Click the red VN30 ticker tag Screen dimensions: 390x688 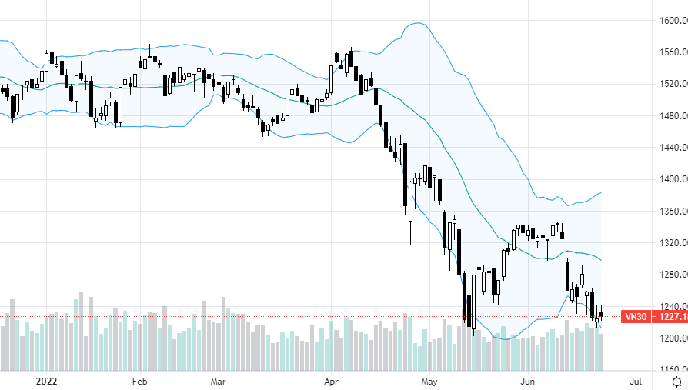click(635, 316)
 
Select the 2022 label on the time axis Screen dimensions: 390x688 click(47, 381)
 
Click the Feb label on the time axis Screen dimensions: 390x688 click(139, 381)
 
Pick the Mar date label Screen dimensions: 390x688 click(218, 381)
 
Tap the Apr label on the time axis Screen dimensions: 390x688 click(332, 381)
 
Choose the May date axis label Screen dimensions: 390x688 click(429, 381)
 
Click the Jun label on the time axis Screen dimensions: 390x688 click(528, 381)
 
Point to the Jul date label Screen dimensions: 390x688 click(636, 381)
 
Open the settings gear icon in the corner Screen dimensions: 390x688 click(676, 381)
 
